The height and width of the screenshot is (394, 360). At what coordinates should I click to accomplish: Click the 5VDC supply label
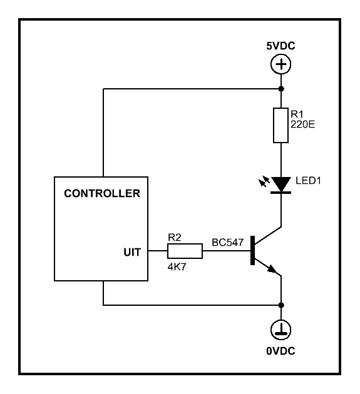click(280, 46)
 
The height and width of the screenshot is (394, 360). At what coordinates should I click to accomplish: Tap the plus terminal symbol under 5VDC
click(280, 64)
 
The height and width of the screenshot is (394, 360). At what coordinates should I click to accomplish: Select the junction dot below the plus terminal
click(281, 89)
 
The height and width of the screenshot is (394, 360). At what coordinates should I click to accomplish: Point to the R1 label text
click(297, 114)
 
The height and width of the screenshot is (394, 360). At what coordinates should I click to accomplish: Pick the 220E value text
click(302, 124)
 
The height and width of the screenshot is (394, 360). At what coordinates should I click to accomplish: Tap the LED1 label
click(308, 181)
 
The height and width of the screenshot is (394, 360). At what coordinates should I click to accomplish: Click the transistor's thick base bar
click(252, 251)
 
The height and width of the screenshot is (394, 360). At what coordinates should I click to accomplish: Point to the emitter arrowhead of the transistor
click(272, 269)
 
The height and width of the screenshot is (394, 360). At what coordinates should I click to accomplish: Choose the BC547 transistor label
click(228, 243)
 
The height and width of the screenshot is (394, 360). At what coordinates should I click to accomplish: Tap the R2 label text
click(174, 238)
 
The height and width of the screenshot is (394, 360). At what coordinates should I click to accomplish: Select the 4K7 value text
click(177, 267)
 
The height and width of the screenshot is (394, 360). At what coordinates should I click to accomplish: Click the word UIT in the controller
click(132, 252)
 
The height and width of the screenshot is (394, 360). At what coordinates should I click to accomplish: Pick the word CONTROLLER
click(102, 193)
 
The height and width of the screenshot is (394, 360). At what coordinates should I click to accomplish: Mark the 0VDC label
click(280, 351)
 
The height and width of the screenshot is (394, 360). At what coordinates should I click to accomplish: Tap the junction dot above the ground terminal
click(281, 305)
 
